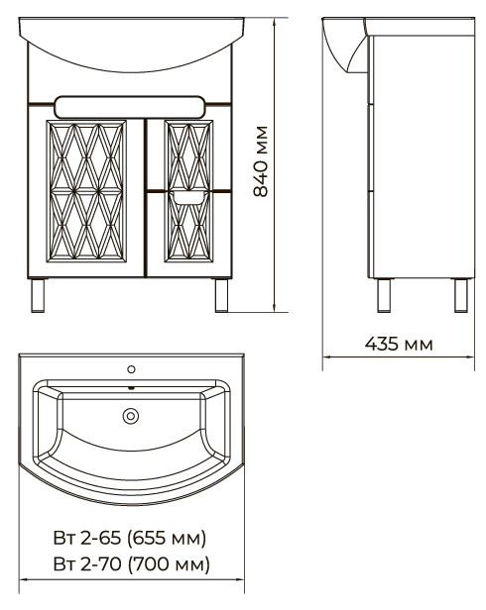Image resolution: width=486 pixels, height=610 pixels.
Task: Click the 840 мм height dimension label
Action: [x=261, y=161]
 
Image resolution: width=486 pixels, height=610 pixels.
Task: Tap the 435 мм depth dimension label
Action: [x=399, y=344]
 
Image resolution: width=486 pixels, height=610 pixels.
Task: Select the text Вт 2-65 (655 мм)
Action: [x=129, y=539]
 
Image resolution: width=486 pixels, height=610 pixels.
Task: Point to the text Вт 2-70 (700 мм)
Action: [x=131, y=564]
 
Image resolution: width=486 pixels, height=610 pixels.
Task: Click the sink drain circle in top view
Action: [x=131, y=416]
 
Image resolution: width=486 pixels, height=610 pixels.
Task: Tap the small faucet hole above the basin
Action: [x=131, y=369]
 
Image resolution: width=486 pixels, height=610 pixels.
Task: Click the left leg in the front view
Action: [x=38, y=295]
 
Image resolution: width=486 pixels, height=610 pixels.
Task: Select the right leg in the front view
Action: [x=221, y=295]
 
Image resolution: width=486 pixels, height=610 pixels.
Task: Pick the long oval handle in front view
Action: [x=130, y=107]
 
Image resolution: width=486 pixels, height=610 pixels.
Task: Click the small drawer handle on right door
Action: [x=188, y=198]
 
